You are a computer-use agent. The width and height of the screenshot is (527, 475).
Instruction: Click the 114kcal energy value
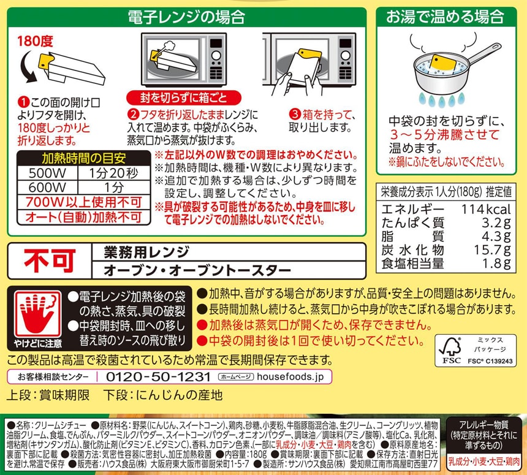[486, 210]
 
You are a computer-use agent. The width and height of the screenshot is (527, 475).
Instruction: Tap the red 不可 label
[50, 261]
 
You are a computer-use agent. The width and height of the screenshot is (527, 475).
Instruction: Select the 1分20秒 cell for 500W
[113, 173]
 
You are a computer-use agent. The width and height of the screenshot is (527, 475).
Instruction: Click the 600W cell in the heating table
[47, 188]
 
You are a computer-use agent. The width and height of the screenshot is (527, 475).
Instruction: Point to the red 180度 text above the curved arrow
[35, 41]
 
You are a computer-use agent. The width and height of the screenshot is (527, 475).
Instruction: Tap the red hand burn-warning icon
[37, 314]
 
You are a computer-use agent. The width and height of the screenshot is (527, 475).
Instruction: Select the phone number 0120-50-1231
[158, 377]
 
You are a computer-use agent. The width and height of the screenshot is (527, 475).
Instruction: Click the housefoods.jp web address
[290, 377]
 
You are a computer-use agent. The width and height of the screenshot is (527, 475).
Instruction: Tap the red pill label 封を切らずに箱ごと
[184, 98]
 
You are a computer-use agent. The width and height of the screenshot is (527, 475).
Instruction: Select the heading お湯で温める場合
[445, 17]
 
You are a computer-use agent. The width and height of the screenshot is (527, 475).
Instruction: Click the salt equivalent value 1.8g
[496, 264]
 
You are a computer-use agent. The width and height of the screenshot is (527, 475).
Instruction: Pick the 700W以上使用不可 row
[84, 202]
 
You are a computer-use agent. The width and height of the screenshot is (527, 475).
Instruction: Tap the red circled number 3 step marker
[295, 115]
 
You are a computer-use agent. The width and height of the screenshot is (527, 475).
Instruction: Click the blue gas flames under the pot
[442, 100]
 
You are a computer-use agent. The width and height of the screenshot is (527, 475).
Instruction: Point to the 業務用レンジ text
[146, 252]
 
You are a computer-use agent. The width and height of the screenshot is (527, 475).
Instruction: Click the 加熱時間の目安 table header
[84, 158]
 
